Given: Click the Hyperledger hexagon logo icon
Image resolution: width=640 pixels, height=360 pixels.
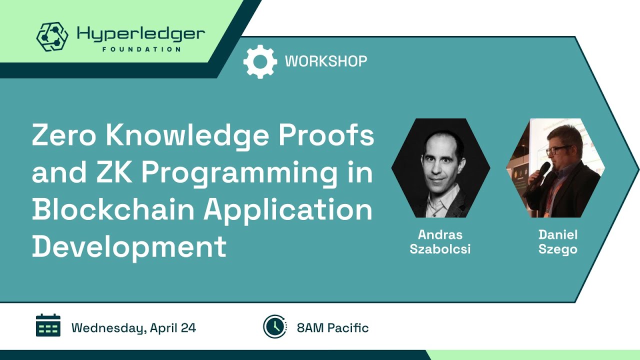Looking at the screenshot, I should tap(52, 36).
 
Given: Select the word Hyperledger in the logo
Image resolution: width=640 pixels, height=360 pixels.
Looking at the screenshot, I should tap(140, 34).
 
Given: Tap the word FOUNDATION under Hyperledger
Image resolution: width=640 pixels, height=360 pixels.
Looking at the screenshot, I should tap(141, 49).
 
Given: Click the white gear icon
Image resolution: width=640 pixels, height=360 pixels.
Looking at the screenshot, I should tap(260, 61).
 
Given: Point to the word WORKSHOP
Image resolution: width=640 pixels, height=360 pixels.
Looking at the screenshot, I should tap(326, 61).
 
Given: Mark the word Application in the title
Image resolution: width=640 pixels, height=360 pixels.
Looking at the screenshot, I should tap(287, 210).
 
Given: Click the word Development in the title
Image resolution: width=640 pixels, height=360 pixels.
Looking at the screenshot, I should tap(129, 247).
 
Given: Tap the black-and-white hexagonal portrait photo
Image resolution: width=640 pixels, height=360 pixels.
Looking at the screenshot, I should tap(440, 168).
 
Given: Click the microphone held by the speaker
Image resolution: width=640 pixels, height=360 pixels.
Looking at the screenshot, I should tap(539, 174).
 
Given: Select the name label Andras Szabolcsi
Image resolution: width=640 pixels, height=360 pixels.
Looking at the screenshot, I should tap(440, 242).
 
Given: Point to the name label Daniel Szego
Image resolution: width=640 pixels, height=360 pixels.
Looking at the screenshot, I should tap(557, 242).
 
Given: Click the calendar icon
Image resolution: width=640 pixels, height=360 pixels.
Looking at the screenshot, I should tap(48, 325).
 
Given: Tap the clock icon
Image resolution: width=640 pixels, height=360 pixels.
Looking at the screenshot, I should tap(274, 326).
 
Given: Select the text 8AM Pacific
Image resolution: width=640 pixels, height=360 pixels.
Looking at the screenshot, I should tap(332, 328).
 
